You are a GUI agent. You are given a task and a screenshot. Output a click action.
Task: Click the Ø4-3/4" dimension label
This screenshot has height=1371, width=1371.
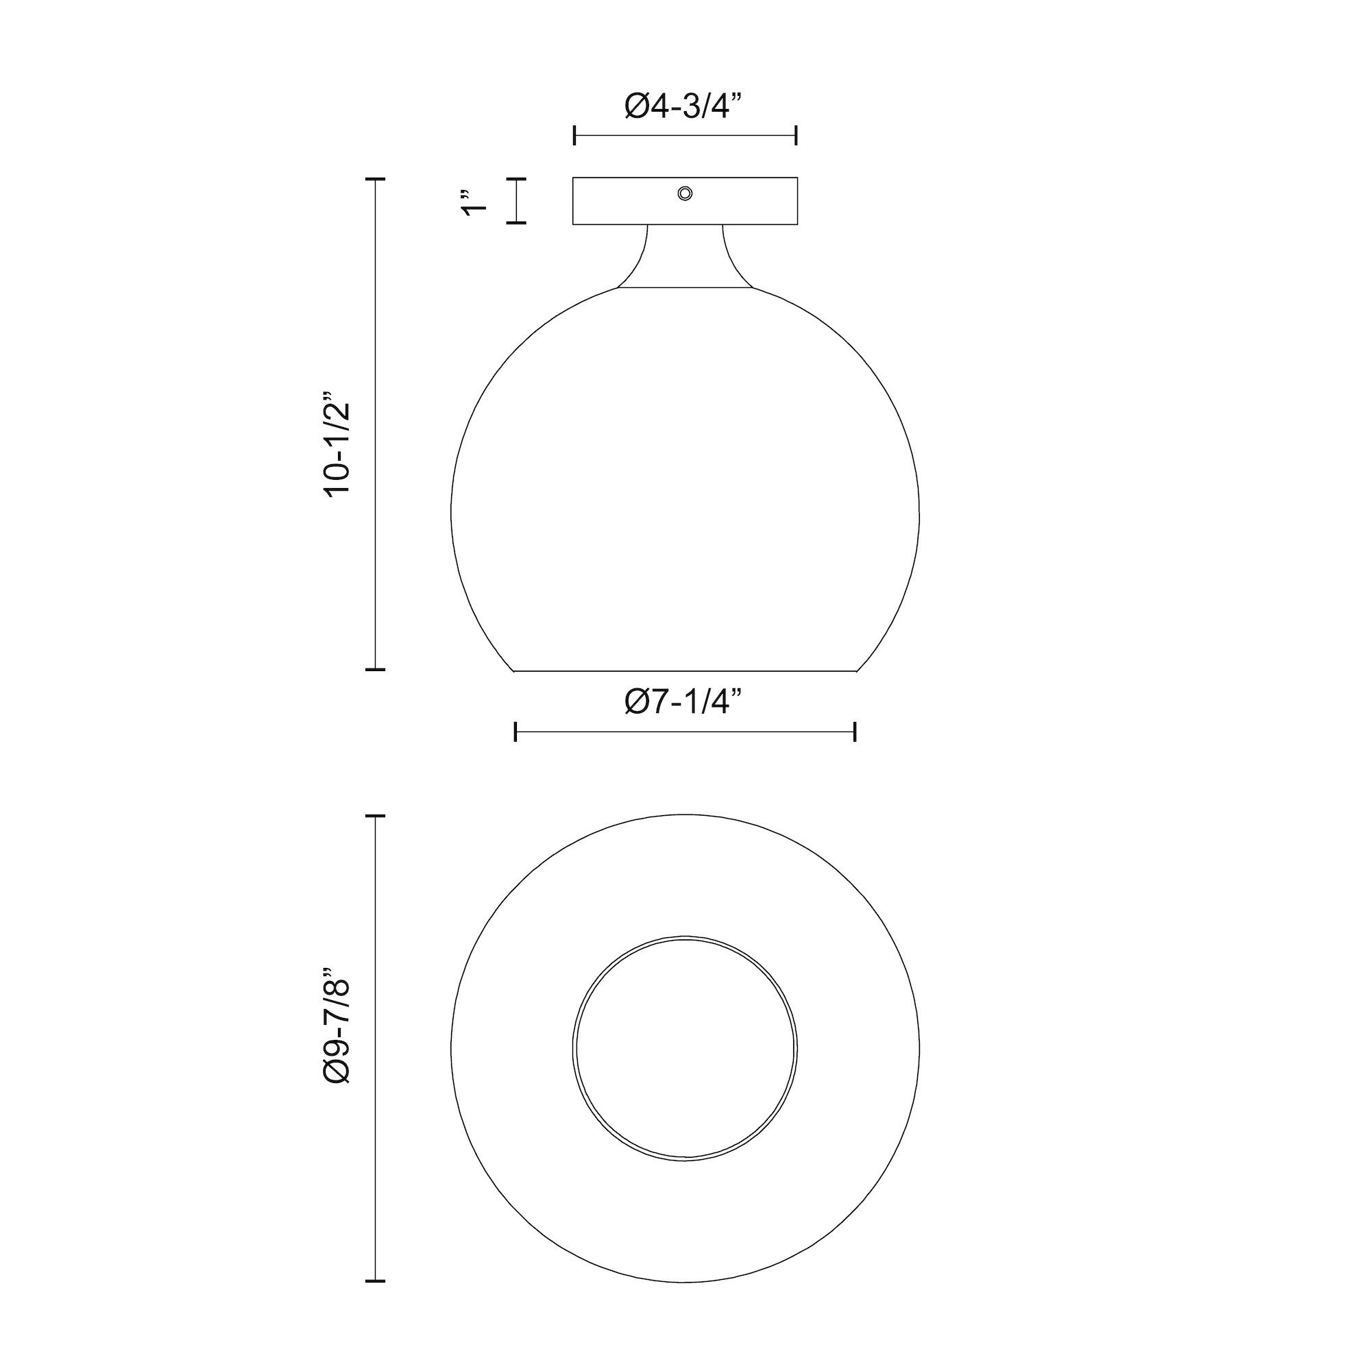[685, 106]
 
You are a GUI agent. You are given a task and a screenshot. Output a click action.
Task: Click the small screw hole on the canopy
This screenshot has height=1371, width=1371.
[685, 193]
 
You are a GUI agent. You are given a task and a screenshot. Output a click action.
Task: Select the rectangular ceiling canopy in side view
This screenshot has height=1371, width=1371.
[624, 202]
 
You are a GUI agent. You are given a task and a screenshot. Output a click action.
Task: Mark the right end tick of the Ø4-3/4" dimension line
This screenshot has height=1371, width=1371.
[796, 135]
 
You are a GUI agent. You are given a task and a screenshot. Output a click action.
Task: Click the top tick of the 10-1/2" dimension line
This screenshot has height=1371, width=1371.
[375, 180]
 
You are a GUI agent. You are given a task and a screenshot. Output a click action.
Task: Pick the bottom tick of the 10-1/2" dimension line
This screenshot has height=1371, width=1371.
[375, 668]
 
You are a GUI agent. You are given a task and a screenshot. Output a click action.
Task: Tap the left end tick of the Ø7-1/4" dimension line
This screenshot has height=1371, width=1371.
[515, 731]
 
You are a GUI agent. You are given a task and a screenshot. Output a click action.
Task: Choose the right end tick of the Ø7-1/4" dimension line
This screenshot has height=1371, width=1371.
[855, 731]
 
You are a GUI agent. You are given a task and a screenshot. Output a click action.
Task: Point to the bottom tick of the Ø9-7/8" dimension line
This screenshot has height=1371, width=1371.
[375, 1281]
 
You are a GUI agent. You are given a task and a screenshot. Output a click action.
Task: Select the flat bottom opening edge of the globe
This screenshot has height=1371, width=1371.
[685, 670]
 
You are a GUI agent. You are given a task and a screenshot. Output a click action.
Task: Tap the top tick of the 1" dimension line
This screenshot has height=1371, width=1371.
[517, 179]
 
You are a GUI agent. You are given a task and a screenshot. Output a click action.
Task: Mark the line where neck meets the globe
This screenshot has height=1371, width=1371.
[685, 288]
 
